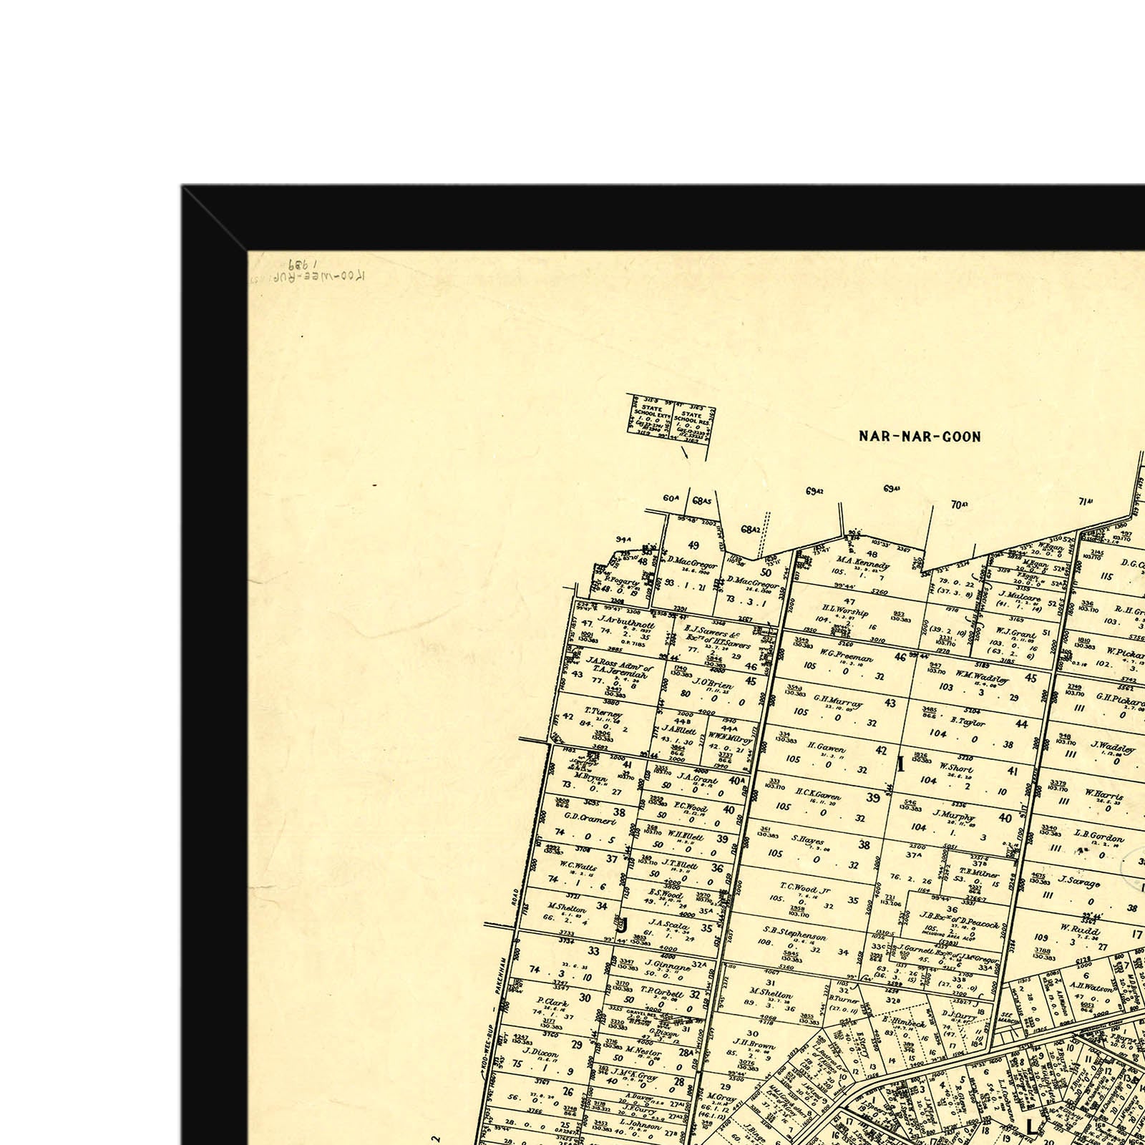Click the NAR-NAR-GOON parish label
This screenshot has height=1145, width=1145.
pos(920,436)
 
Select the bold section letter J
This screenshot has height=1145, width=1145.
pos(623,925)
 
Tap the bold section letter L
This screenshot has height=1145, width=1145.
pos(1030,1126)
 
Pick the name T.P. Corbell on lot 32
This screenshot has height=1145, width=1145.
pos(663,994)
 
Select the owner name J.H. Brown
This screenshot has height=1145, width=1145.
pos(755,1046)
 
